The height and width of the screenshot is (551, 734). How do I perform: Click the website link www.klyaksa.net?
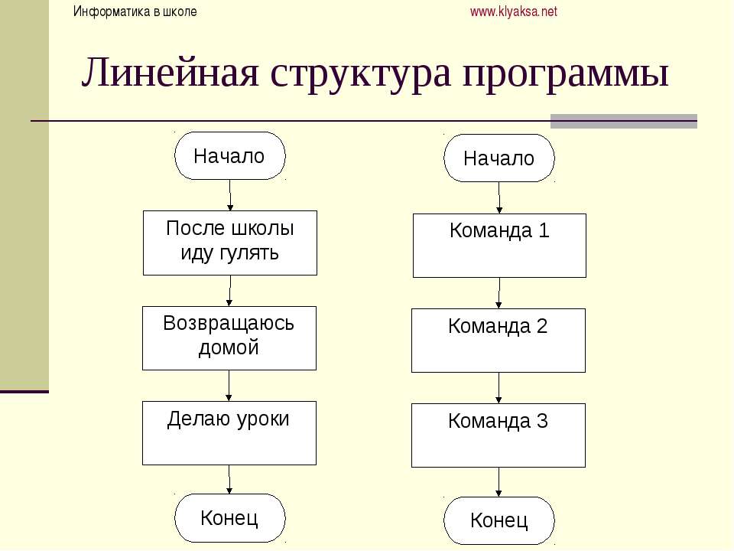(x=514, y=11)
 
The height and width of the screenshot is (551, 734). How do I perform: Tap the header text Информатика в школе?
(x=135, y=11)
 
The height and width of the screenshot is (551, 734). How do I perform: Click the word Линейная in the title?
(x=170, y=73)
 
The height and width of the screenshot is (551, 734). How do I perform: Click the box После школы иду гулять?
(x=230, y=243)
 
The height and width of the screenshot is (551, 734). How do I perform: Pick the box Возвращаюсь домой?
(x=229, y=338)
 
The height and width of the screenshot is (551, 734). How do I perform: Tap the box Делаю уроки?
(x=229, y=433)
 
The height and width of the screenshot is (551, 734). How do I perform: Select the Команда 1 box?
(x=499, y=246)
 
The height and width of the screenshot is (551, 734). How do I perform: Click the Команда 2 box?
(x=499, y=341)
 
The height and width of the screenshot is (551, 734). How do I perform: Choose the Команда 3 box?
(x=499, y=435)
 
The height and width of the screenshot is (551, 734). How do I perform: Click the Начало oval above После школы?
(x=230, y=155)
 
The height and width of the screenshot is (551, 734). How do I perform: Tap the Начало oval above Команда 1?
(x=499, y=158)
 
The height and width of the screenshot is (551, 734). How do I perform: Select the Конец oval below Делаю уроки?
(x=230, y=518)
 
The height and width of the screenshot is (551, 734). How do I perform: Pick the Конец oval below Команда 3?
(x=499, y=520)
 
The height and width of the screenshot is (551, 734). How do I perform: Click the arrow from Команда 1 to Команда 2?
(x=499, y=293)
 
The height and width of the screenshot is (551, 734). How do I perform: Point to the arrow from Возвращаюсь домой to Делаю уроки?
(x=229, y=386)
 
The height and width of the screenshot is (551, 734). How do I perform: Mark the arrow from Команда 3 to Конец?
(x=499, y=482)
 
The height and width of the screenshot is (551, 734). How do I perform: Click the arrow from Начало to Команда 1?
(x=499, y=198)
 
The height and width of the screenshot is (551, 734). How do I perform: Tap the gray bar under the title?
(x=624, y=121)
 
